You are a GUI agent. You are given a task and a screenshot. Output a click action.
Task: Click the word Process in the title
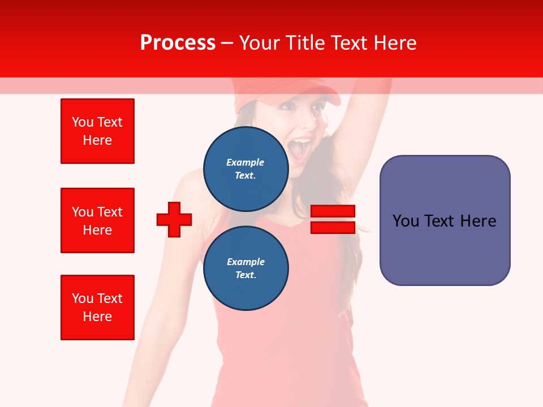178,43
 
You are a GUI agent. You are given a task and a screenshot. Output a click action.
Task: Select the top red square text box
97,131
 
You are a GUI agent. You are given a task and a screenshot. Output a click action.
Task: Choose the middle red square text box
97,220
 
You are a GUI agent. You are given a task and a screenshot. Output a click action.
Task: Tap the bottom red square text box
97,308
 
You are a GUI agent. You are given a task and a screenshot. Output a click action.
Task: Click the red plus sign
174,219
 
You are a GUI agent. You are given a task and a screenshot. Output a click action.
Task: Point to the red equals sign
333,219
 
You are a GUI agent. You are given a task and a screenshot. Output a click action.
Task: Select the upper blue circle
245,168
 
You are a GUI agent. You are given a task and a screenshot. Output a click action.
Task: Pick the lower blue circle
245,268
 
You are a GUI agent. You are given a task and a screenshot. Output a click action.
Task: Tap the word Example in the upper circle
245,162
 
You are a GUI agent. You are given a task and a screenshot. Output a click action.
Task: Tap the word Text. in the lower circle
245,275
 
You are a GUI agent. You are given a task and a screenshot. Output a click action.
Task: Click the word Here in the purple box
479,221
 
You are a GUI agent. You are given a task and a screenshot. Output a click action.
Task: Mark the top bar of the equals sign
333,211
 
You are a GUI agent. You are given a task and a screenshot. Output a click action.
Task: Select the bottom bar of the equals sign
333,227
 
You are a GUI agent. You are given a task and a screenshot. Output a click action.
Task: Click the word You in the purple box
406,221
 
